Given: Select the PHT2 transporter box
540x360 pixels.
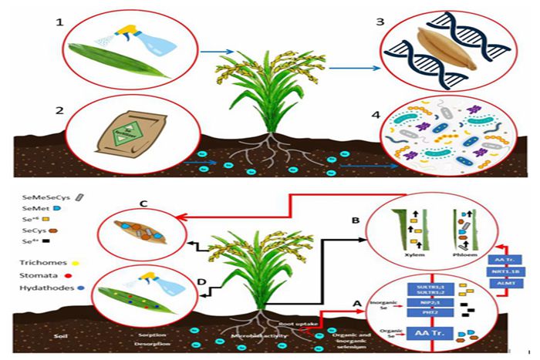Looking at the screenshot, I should coord(430,312).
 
